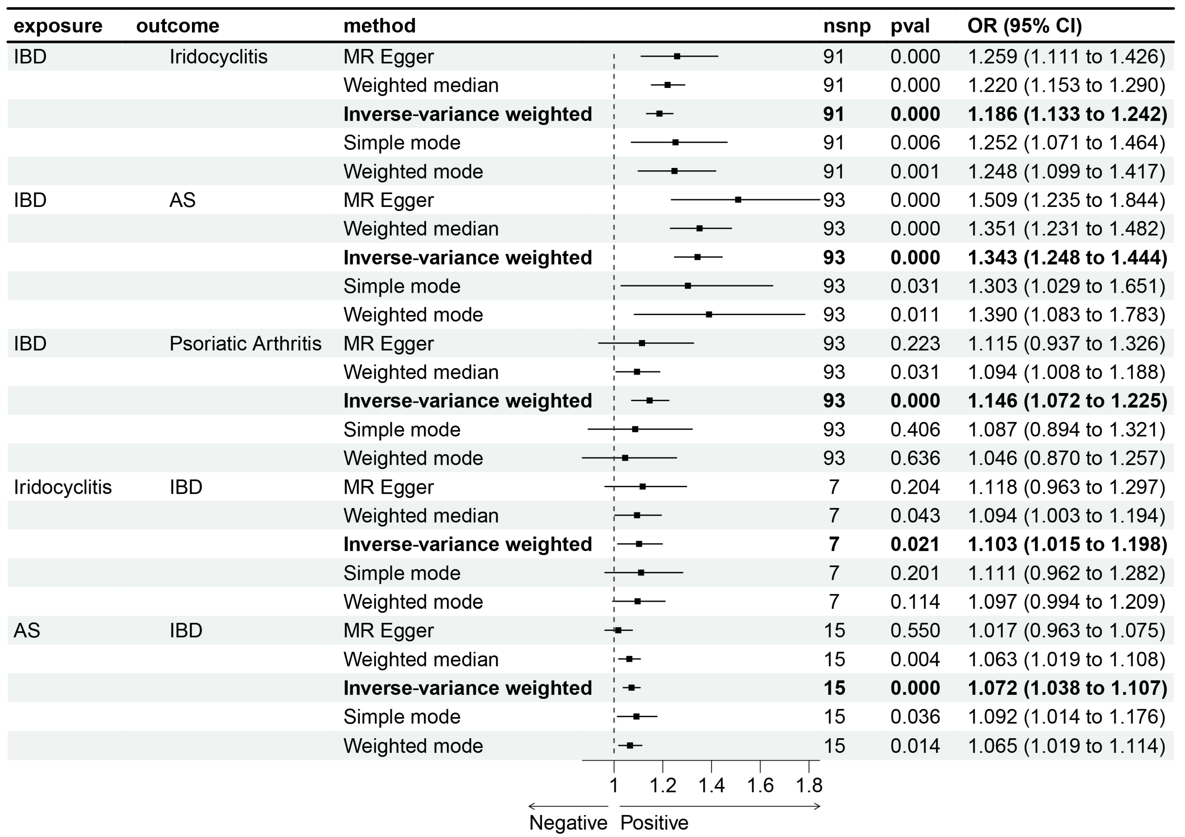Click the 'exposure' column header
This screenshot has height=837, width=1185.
click(x=58, y=26)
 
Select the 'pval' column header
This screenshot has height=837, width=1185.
click(x=910, y=26)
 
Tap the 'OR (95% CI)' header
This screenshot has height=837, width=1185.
click(x=1024, y=26)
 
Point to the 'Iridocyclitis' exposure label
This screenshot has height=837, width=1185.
click(x=62, y=487)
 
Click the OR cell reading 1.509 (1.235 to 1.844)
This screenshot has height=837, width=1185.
click(x=1066, y=200)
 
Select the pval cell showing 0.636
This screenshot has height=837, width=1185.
click(x=915, y=458)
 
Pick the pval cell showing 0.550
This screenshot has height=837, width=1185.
click(x=915, y=631)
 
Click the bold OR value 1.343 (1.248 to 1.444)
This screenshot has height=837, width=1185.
click(x=1067, y=258)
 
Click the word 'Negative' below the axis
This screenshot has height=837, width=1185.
click(x=568, y=823)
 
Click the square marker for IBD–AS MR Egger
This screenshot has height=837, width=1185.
click(x=738, y=200)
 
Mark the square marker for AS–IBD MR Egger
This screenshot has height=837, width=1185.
click(x=618, y=630)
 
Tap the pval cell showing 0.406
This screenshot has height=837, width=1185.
click(x=915, y=430)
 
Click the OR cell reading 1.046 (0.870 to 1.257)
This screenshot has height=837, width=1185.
click(x=1066, y=458)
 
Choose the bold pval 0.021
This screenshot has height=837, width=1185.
click(x=915, y=545)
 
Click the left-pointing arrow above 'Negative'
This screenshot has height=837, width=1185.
click(x=568, y=806)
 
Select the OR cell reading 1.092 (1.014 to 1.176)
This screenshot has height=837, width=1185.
click(x=1066, y=717)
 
